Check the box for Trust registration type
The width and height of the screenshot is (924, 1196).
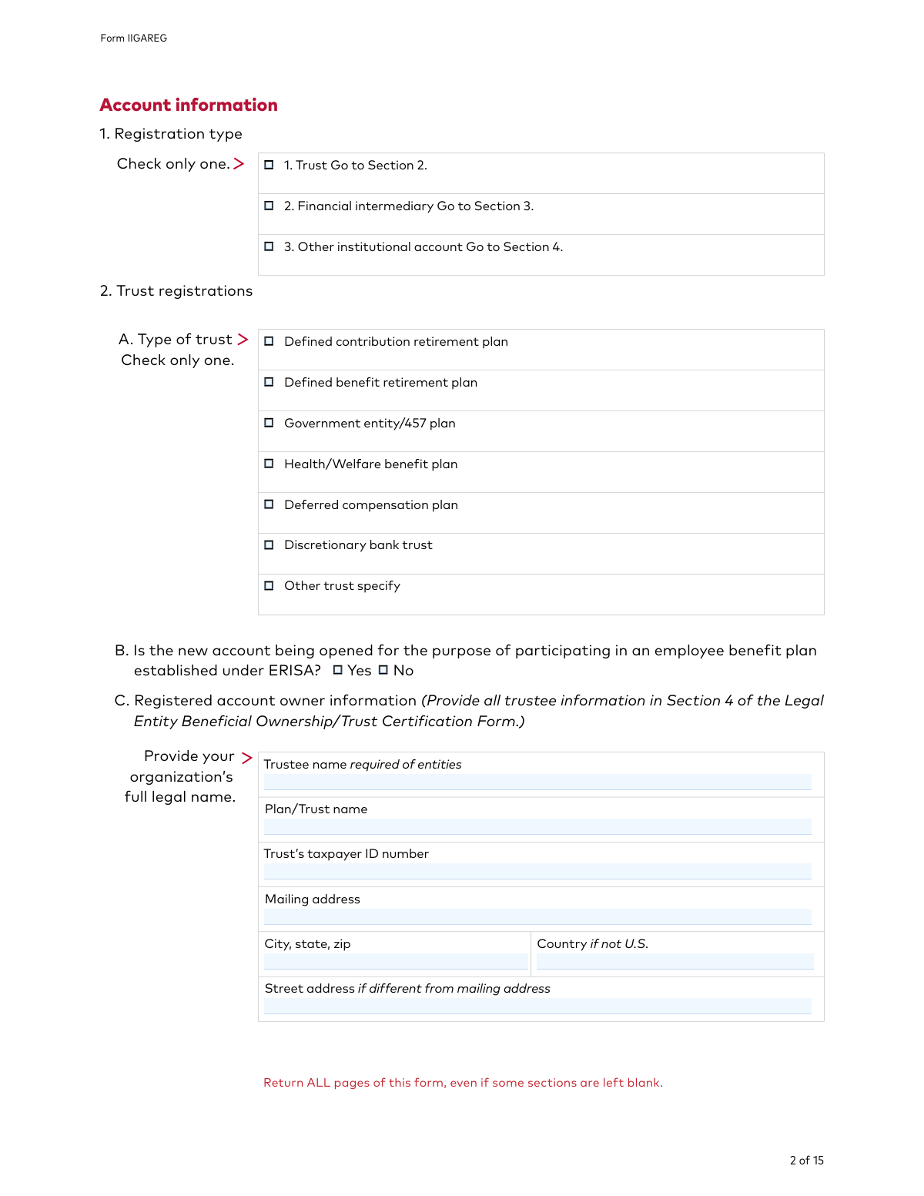click(x=269, y=165)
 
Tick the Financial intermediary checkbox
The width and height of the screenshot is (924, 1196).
click(x=269, y=206)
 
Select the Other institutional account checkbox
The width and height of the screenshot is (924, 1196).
click(x=269, y=246)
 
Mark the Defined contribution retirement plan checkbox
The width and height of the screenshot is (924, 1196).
click(x=269, y=341)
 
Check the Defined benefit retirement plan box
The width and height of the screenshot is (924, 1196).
click(x=269, y=382)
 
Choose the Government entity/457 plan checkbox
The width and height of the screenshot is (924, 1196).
click(x=269, y=423)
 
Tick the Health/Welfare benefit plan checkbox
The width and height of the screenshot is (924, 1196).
click(x=269, y=464)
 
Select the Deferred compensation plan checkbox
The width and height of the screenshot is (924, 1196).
click(x=269, y=504)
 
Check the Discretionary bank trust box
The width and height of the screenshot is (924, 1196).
click(x=269, y=545)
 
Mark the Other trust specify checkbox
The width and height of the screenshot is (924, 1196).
click(x=269, y=586)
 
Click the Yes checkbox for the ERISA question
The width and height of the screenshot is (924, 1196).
click(x=337, y=670)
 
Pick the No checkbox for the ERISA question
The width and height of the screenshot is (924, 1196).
click(x=383, y=670)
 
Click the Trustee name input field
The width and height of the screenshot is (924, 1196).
click(x=537, y=782)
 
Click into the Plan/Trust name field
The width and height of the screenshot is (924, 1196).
click(x=537, y=826)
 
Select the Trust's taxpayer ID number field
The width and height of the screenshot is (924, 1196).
click(x=537, y=871)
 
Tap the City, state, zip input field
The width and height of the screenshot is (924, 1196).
click(x=396, y=961)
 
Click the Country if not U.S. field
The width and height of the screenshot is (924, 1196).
click(x=675, y=961)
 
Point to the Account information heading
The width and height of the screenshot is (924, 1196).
click(x=189, y=105)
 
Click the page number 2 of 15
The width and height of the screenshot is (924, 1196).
click(x=806, y=1161)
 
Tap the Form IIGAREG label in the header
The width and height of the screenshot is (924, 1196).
click(x=133, y=38)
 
